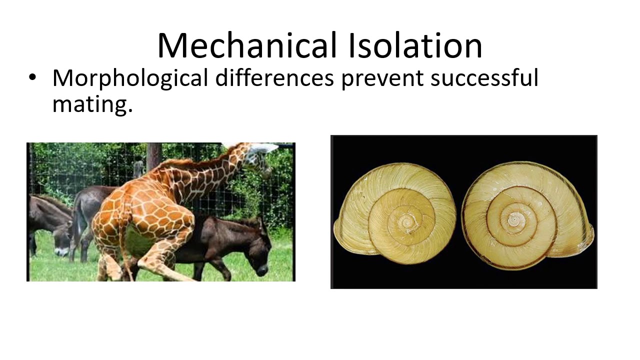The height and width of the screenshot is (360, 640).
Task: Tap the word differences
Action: coord(274,78)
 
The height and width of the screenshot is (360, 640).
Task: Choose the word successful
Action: coord(484,79)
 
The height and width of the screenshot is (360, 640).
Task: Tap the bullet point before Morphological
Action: coord(32,78)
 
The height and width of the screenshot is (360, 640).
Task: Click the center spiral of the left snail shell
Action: coord(406,220)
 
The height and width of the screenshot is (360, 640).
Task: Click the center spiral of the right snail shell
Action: coord(514,218)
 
